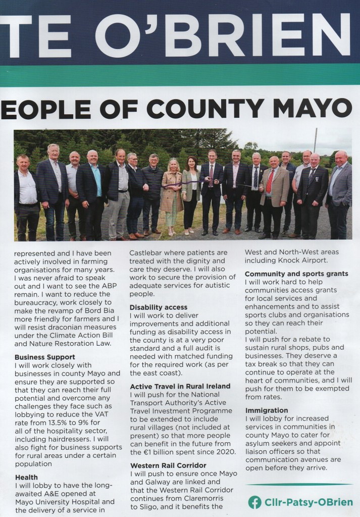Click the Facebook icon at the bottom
(254, 502)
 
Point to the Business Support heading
(44, 357)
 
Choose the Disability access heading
(158, 307)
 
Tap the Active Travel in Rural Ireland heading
(180, 386)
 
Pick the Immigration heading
(266, 410)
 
